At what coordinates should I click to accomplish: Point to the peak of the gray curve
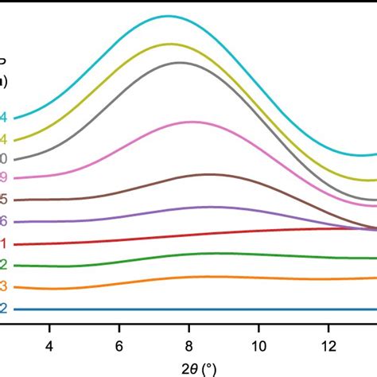tap(179, 62)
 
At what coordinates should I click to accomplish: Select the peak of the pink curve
tap(192, 122)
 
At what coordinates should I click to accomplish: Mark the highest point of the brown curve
tap(209, 174)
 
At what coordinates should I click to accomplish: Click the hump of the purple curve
tap(208, 207)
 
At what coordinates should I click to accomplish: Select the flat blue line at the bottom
tap(191, 309)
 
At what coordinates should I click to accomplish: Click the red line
tap(191, 235)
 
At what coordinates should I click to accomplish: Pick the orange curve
tap(191, 277)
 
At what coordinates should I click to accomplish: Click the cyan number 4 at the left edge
tap(4, 118)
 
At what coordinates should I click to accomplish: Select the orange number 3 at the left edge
tap(4, 287)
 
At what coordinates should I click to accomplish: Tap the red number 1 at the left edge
tap(4, 244)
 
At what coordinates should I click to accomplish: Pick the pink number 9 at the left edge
tap(4, 177)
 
